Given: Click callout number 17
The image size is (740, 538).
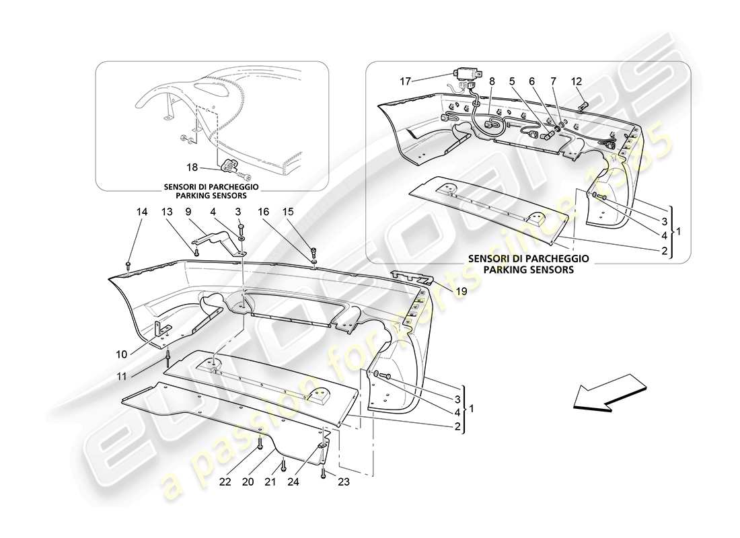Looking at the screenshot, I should coord(404,81).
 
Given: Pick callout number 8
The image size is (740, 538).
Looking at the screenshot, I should coord(492,81).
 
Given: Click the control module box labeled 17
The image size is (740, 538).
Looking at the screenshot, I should coord(465,74).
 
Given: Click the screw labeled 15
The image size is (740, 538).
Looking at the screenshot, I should coord(314,254).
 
